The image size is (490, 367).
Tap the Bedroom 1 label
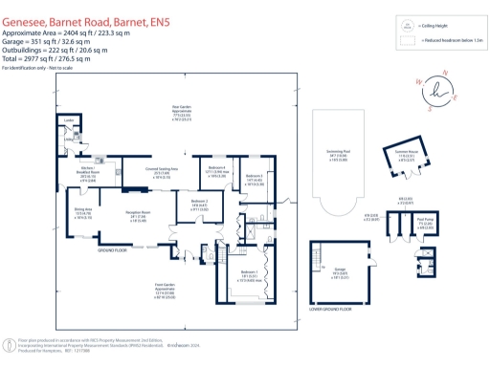tap(235, 276)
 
